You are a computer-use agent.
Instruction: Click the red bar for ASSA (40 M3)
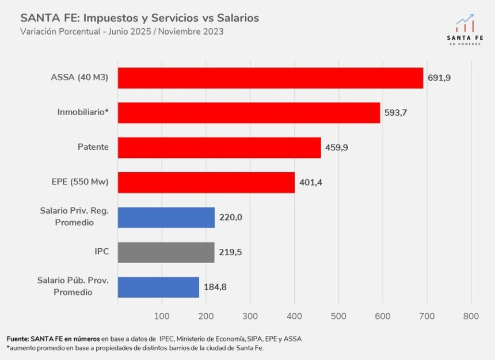[x=271, y=78]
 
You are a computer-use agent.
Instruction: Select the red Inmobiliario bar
[x=249, y=113]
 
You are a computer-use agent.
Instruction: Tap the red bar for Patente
[x=219, y=147]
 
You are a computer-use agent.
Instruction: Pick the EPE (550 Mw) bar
[x=206, y=183]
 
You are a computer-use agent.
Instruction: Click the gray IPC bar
[x=166, y=252]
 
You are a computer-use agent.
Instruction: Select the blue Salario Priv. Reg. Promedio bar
[x=166, y=218]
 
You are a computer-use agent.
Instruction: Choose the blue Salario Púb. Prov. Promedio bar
[x=158, y=287]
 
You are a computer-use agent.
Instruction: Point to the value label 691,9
[x=439, y=78]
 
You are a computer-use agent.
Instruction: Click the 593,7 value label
[x=396, y=113]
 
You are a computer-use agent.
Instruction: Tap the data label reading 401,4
[x=311, y=183]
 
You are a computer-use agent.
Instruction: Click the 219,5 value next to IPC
[x=230, y=252]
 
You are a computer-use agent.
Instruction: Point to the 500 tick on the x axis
[x=338, y=316]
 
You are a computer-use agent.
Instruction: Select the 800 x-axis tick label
[x=471, y=316]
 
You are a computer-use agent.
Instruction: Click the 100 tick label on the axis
[x=162, y=316]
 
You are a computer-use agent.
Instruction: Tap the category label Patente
[x=93, y=147]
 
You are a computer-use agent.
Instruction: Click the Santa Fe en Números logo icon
[x=465, y=24]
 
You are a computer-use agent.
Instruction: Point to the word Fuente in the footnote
[x=18, y=339]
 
